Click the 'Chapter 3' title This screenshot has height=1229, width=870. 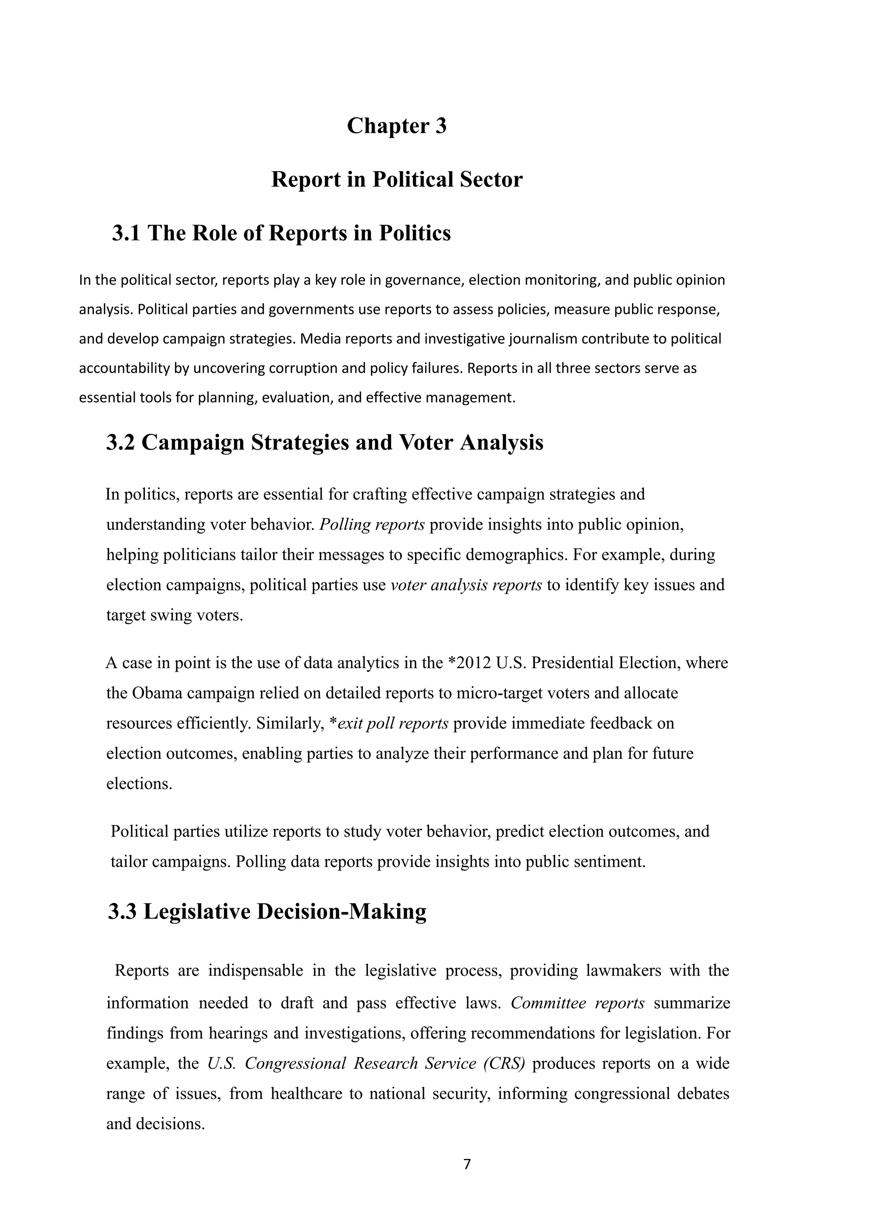coord(396,126)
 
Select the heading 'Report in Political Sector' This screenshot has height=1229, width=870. coord(396,179)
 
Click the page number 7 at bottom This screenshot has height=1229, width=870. coord(466,1164)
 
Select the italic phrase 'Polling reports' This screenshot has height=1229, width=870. coord(372,525)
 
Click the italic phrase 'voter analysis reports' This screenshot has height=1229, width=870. coord(466,585)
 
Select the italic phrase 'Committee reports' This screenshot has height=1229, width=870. coord(577,1003)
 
